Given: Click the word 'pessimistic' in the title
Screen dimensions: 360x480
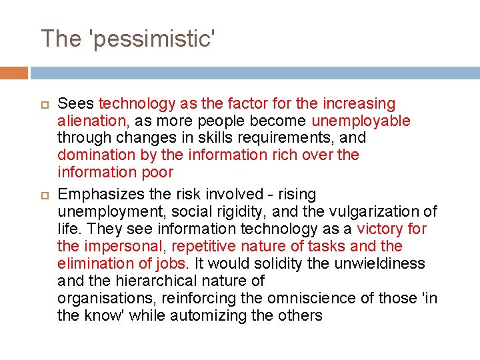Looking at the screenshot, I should (151, 39).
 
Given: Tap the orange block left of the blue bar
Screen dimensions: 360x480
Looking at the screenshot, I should (14, 73).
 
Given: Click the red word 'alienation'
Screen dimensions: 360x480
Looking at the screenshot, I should (91, 121).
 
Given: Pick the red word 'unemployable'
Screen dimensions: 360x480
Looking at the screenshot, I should (361, 121).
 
